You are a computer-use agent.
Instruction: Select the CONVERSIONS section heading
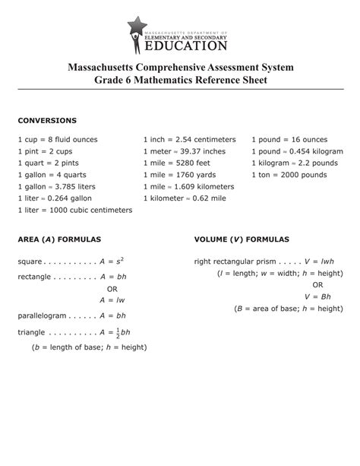pyautogui.click(x=47, y=120)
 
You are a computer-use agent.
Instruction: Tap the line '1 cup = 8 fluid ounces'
pyautogui.click(x=58, y=140)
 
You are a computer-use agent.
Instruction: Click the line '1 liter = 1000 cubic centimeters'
pyautogui.click(x=74, y=210)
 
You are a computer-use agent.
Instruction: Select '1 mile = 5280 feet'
pyautogui.click(x=178, y=163)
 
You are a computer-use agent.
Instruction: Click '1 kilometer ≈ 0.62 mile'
pyautogui.click(x=185, y=198)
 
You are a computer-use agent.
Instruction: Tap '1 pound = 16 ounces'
pyautogui.click(x=289, y=140)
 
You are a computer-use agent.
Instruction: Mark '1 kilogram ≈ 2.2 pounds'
pyautogui.click(x=295, y=163)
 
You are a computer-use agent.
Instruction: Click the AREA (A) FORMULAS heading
pyautogui.click(x=59, y=239)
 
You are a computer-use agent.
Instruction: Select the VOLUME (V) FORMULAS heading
pyautogui.click(x=242, y=239)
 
